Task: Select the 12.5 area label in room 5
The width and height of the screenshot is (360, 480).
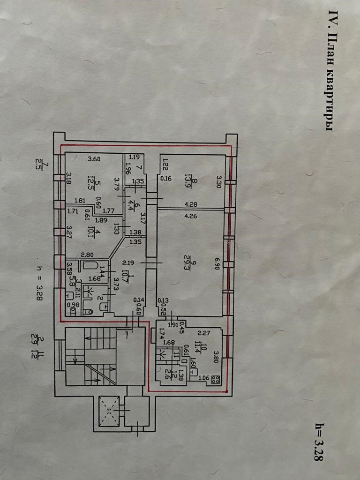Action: pyautogui.click(x=91, y=180)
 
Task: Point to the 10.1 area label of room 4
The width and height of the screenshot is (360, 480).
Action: pyautogui.click(x=92, y=232)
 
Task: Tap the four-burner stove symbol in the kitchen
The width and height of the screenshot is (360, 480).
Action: pyautogui.click(x=216, y=380)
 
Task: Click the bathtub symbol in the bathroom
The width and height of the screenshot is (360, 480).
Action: pyautogui.click(x=90, y=266)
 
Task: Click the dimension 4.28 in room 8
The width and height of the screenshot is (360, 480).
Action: pyautogui.click(x=190, y=204)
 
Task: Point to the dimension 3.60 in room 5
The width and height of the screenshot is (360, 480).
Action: pyautogui.click(x=95, y=159)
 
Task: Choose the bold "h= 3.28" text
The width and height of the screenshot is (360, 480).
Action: pyautogui.click(x=319, y=442)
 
